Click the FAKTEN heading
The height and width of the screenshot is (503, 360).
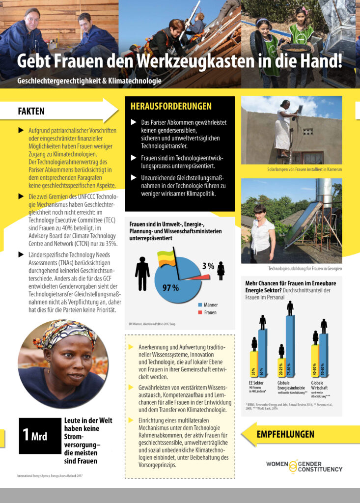(x=31, y=112)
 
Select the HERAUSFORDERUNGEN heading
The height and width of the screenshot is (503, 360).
(x=170, y=106)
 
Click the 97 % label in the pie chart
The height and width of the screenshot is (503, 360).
(x=170, y=287)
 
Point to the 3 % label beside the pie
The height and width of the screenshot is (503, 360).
(x=208, y=266)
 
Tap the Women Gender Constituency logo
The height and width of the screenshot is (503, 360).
(x=304, y=466)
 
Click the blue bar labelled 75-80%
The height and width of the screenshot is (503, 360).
(x=290, y=346)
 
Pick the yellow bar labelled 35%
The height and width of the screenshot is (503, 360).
(x=254, y=364)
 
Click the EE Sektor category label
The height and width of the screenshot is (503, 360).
(x=258, y=383)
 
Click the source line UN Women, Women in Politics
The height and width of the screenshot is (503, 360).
(x=152, y=324)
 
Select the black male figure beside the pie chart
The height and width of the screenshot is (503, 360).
(x=142, y=273)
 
